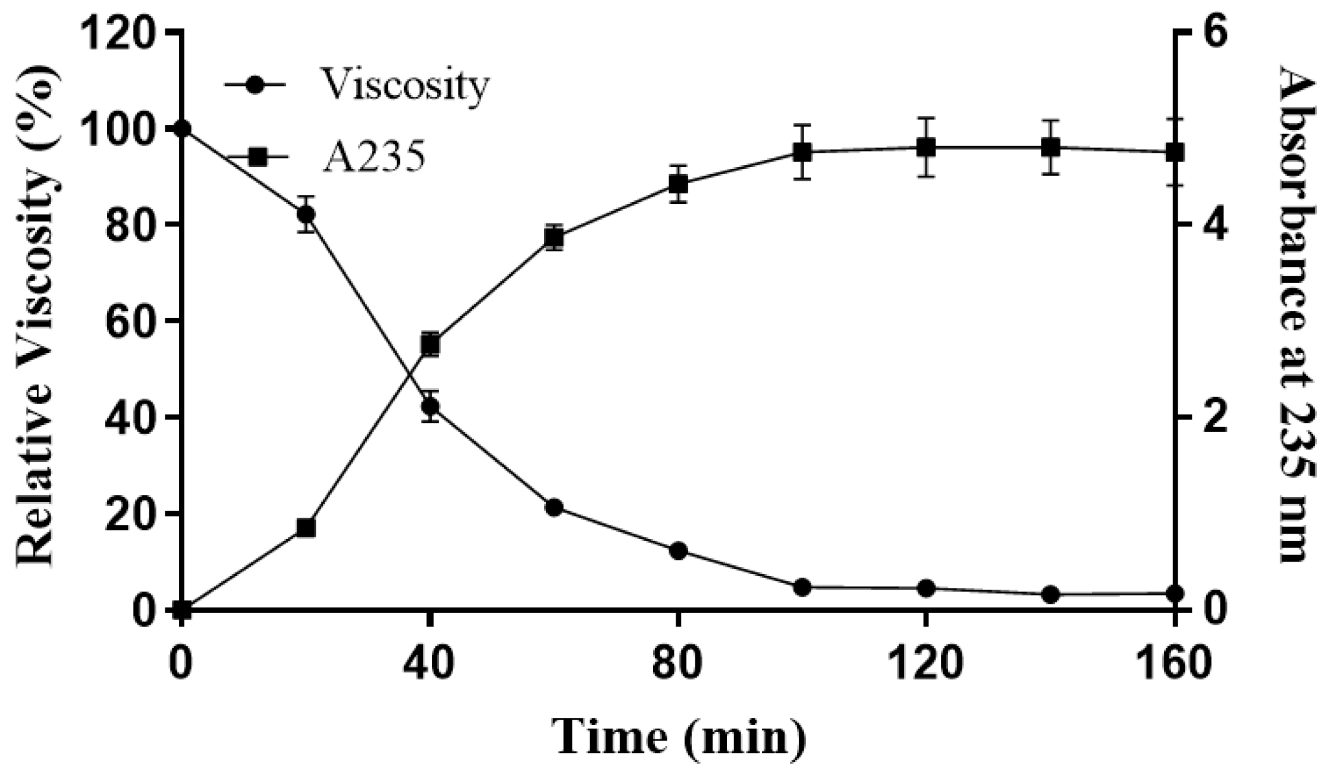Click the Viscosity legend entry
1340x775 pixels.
point(357,85)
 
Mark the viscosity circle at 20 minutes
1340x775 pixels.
point(306,214)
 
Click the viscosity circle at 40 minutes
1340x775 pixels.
point(430,407)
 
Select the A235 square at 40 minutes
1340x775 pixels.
point(430,344)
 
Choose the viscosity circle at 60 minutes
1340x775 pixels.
point(554,508)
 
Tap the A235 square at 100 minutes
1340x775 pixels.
point(802,152)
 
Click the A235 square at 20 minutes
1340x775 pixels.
point(306,528)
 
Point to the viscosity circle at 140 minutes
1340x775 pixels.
point(1051,594)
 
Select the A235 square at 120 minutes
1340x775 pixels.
point(926,147)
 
